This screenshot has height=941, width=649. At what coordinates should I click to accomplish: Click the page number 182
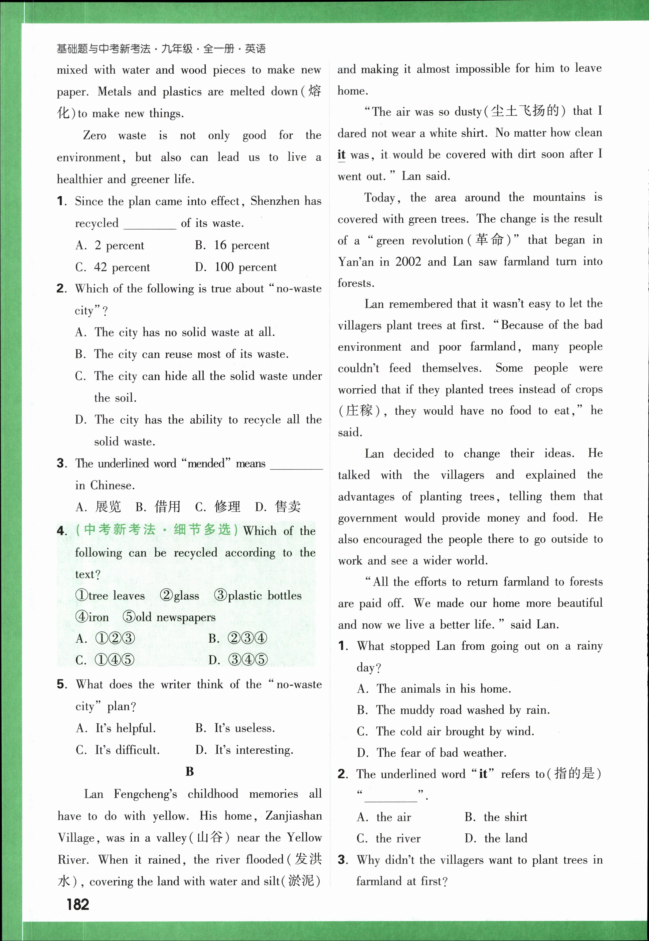pyautogui.click(x=78, y=904)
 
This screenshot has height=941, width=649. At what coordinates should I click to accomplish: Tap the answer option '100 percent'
pyautogui.click(x=245, y=267)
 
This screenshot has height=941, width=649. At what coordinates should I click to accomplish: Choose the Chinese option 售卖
pyautogui.click(x=288, y=507)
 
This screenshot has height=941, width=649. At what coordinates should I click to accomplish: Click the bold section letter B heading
pyautogui.click(x=190, y=771)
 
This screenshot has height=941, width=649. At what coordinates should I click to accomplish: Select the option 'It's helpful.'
pyautogui.click(x=125, y=728)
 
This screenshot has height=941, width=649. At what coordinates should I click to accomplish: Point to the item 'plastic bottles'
pyautogui.click(x=264, y=596)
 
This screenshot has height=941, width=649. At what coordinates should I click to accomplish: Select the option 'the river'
pyautogui.click(x=398, y=838)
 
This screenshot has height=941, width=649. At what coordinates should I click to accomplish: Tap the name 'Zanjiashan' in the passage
pyautogui.click(x=293, y=816)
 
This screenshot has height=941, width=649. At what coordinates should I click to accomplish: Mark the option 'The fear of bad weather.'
pyautogui.click(x=441, y=753)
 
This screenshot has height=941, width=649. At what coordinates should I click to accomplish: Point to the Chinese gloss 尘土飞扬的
pyautogui.click(x=525, y=111)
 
